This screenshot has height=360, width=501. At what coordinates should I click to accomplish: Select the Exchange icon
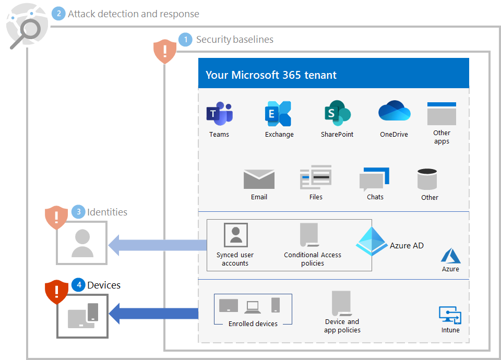[278, 114]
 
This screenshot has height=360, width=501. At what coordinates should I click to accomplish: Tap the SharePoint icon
[337, 113]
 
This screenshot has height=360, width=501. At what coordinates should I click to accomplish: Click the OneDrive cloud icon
[394, 112]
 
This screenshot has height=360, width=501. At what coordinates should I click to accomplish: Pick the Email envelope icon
[259, 179]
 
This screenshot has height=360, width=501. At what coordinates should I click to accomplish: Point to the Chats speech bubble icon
[374, 179]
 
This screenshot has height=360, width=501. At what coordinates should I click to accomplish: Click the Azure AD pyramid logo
[372, 241]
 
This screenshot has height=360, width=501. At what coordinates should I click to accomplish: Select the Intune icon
[450, 315]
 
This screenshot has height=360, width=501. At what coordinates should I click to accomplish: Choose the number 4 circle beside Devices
[78, 285]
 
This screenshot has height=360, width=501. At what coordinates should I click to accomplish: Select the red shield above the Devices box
[57, 292]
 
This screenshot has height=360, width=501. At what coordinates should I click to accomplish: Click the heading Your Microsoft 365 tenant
[271, 75]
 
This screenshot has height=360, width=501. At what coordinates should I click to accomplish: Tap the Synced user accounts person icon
[235, 235]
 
